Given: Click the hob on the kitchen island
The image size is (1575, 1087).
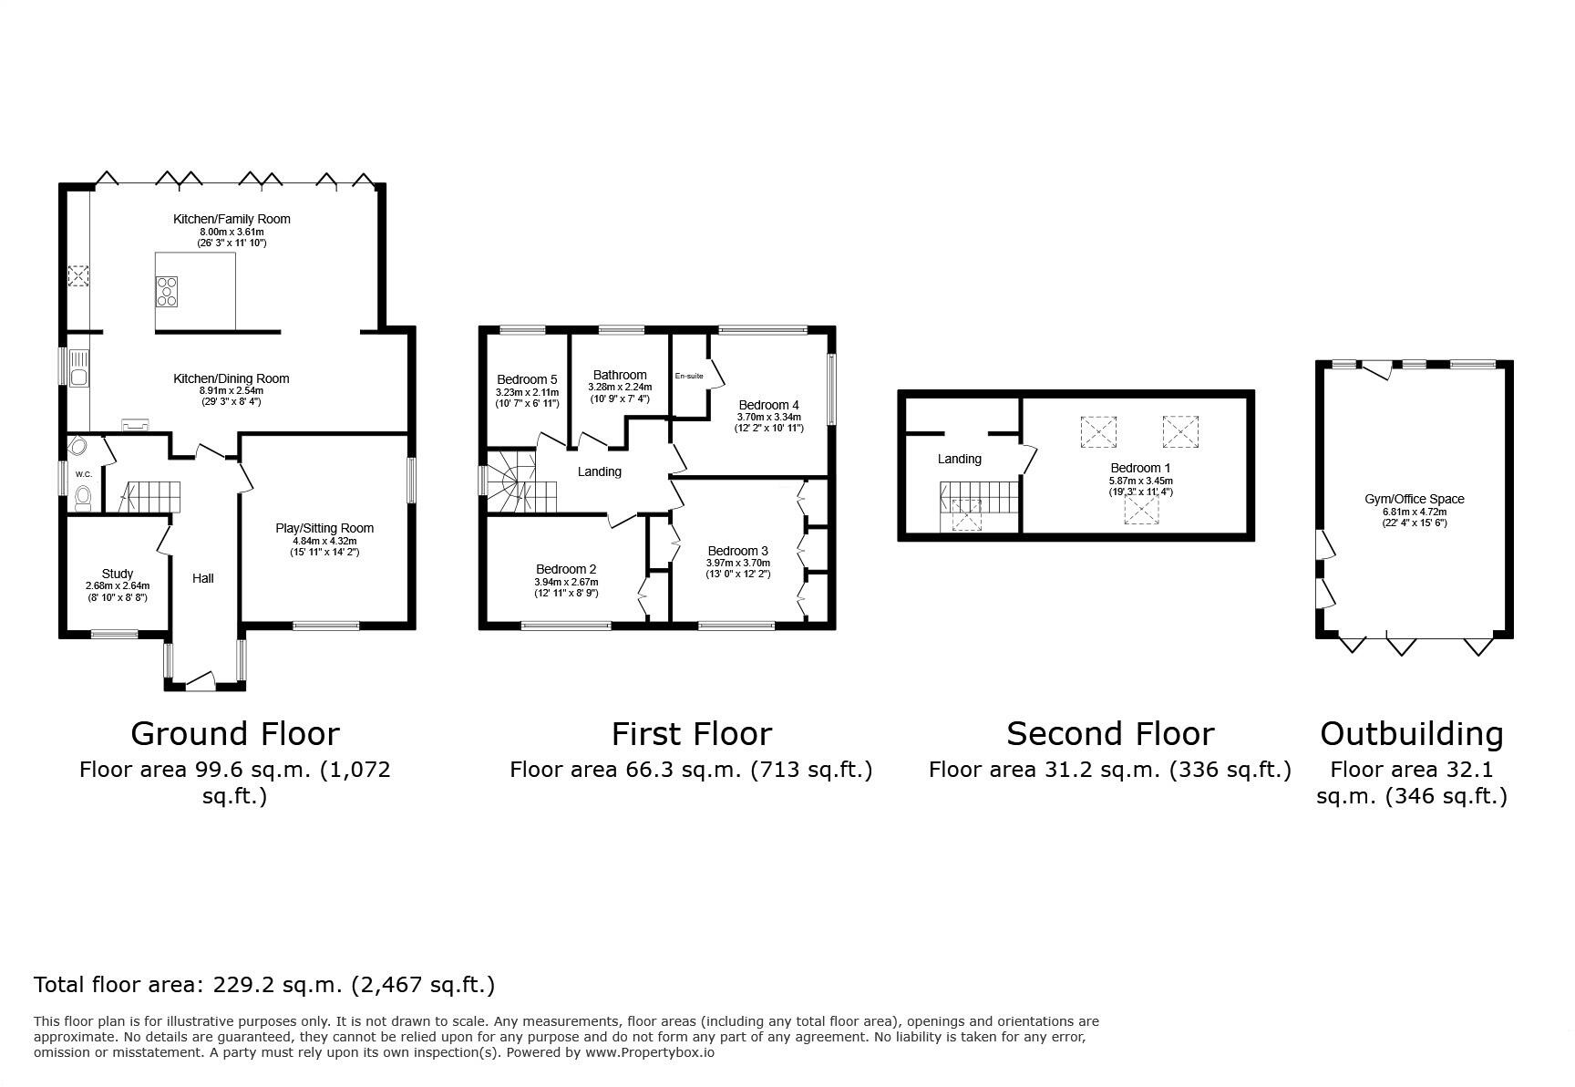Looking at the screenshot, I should (167, 290).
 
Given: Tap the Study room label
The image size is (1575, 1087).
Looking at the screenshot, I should (118, 574).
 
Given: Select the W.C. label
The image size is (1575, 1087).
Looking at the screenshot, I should (84, 474).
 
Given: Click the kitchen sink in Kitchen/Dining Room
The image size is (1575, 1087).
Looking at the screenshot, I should (79, 375).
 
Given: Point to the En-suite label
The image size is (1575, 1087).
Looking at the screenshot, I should (689, 376).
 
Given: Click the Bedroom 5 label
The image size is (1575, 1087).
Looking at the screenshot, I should (527, 379).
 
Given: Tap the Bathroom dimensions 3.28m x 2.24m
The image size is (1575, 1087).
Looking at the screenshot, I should (620, 387).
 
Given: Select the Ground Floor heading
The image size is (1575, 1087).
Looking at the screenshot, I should (235, 733).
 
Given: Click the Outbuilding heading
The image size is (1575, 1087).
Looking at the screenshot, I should (1412, 733).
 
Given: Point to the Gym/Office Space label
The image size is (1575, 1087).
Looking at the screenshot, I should (1414, 499).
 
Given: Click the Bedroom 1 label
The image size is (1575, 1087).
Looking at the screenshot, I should (1140, 468).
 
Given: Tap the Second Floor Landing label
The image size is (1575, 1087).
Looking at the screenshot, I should (959, 459).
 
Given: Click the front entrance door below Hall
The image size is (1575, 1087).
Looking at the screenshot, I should (200, 680).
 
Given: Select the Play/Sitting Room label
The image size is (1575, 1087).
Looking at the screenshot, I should (324, 528).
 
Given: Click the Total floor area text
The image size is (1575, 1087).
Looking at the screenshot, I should (264, 985).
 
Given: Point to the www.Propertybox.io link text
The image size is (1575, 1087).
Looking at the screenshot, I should (649, 1051).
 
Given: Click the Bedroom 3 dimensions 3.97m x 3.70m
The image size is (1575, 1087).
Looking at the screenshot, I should (737, 563).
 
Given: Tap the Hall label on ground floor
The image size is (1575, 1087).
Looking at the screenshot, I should (203, 578).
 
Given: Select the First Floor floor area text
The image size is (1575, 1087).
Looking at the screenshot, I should (691, 770).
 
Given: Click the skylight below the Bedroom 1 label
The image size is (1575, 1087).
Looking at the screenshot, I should (1140, 511).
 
